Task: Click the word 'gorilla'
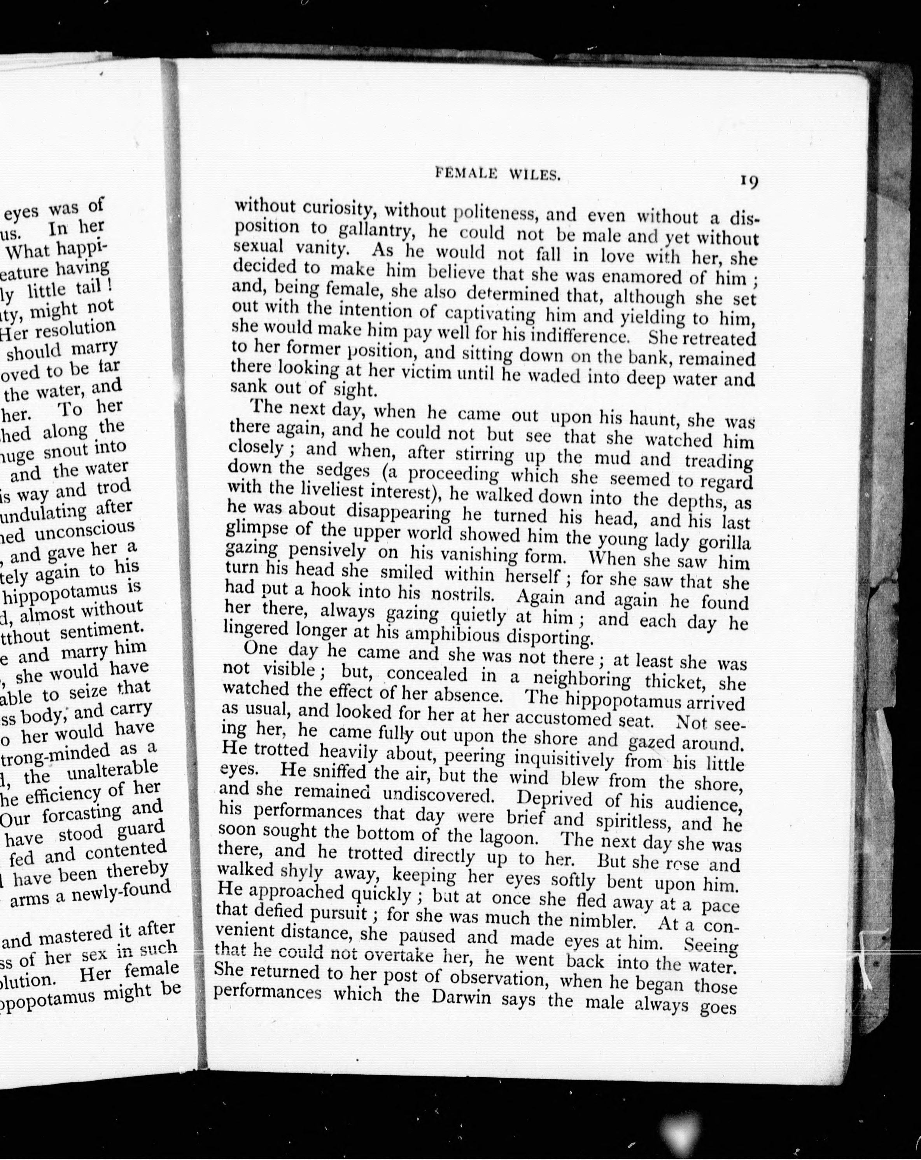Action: [x=723, y=543]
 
